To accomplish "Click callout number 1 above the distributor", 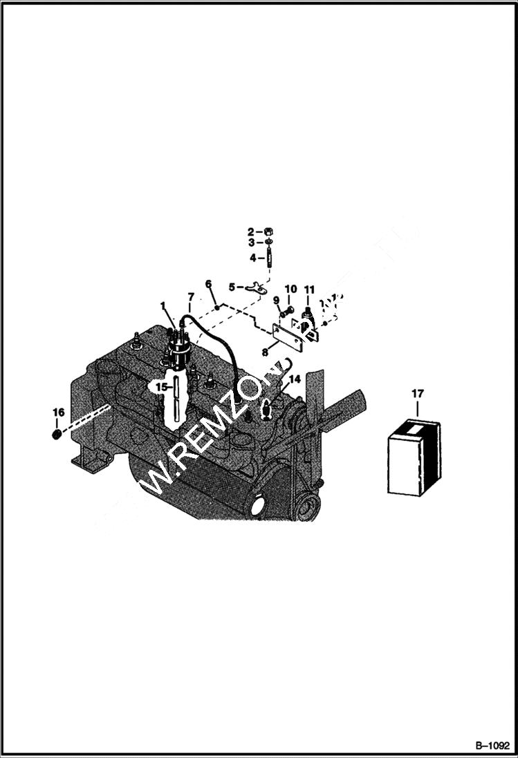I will tap(163, 305).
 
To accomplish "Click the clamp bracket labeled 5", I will tap(258, 286).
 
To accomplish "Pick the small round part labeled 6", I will tap(216, 307).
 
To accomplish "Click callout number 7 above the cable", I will tap(190, 298).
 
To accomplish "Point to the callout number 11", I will tap(309, 289).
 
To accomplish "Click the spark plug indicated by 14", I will tap(266, 410).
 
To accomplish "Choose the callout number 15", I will tap(160, 387).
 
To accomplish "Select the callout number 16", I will tap(58, 413).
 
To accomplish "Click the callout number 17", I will tap(417, 394).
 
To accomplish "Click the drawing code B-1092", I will tap(491, 746).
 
